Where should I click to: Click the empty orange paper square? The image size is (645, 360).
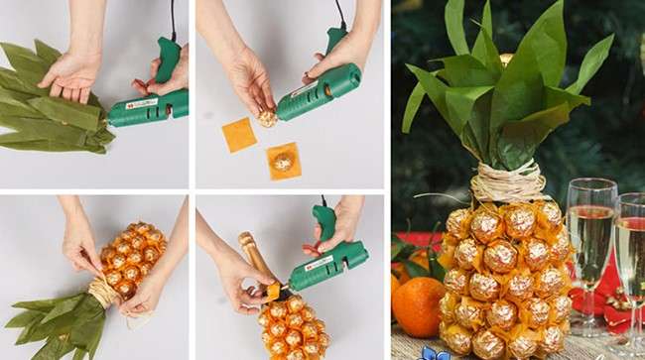(238, 135)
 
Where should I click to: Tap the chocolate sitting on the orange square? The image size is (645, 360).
(283, 160)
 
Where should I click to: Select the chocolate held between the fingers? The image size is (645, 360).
(267, 118)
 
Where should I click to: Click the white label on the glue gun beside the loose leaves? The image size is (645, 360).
(141, 104)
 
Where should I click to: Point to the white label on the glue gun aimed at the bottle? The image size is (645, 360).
(319, 263)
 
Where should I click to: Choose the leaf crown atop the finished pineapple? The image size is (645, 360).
(506, 89)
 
